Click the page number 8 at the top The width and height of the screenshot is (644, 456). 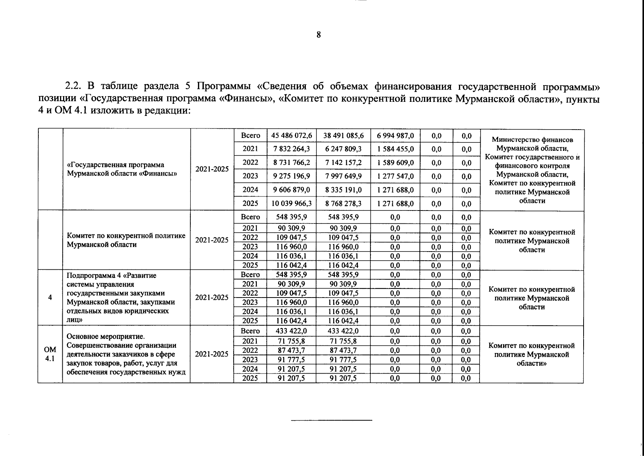(318, 35)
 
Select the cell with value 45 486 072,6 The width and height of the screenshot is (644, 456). (291, 136)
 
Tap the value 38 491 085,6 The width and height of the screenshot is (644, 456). (343, 136)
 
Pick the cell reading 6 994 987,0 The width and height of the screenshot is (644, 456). (396, 136)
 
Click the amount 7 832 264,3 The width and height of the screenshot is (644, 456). (291, 149)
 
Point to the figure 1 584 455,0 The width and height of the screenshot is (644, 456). (396, 149)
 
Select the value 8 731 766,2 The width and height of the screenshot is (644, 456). (291, 163)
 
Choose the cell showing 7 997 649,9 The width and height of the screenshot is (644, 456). (343, 176)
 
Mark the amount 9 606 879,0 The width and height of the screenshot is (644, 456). (291, 190)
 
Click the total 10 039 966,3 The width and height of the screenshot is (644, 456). (291, 203)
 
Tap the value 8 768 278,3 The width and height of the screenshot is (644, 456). (343, 203)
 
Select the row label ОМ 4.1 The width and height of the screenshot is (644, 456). (50, 354)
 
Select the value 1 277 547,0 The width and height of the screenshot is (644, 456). (396, 176)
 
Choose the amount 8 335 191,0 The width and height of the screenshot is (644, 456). (343, 190)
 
